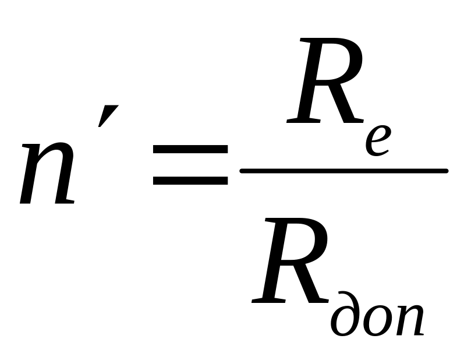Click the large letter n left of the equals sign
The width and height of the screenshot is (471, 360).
point(47,174)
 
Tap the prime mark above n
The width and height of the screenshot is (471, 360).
point(108,116)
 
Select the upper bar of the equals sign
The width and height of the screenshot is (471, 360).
point(190,149)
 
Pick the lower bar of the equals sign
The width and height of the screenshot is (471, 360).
point(190,181)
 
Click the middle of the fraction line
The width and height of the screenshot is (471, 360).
point(344,171)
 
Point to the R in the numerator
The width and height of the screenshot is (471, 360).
point(325,80)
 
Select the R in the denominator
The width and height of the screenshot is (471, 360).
point(290,260)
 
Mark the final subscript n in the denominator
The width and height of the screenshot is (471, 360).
point(409,320)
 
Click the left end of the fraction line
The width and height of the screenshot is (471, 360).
point(242,171)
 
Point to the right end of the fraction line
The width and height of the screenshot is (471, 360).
point(447,171)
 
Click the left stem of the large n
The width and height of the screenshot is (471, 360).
point(30,174)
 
